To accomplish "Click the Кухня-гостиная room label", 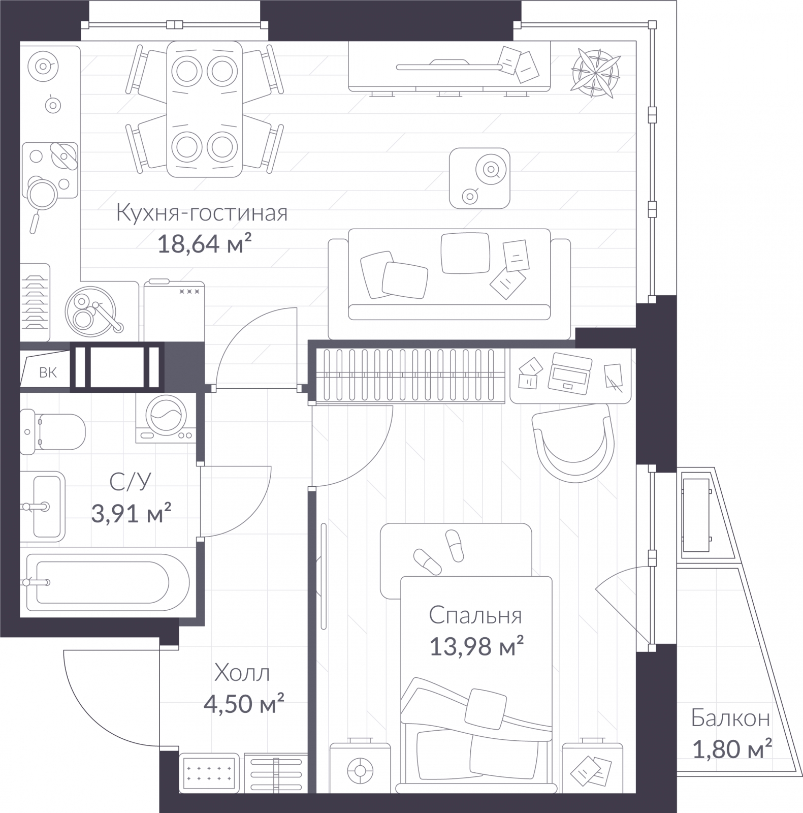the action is tap(202, 213).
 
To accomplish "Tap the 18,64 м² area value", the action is tap(205, 244).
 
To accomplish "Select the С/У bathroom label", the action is tap(131, 482).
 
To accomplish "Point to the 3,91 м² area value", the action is tap(131, 513).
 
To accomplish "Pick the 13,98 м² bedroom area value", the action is tap(476, 647).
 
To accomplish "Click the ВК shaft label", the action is tap(48, 373).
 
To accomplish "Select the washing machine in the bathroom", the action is tap(166, 418).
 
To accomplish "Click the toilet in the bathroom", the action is tap(52, 431).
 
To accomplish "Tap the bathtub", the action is tap(108, 582).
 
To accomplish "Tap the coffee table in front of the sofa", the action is tap(479, 178).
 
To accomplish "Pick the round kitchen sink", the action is tap(90, 311).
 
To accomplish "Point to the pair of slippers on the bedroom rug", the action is tap(439, 552).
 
